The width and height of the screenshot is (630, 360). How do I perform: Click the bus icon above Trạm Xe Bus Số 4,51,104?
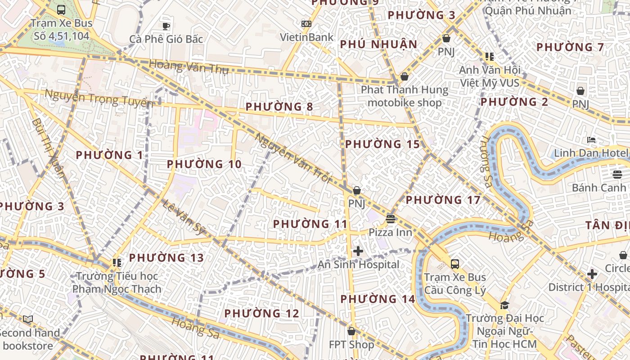[x=61, y=9]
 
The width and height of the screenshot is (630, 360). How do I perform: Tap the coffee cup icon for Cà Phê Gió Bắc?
[x=166, y=26]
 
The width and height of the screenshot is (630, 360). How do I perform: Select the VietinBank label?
[x=306, y=37]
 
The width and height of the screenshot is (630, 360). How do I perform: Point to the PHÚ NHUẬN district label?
[x=379, y=45]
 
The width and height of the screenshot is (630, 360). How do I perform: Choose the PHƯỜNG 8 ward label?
[x=279, y=107]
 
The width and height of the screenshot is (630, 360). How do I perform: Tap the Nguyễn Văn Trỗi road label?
[x=293, y=157]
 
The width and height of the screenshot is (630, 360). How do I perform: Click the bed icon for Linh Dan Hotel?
[x=591, y=140]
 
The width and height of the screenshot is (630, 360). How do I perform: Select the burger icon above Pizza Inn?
[x=391, y=219]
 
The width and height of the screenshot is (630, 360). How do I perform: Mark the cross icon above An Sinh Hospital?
[x=358, y=251]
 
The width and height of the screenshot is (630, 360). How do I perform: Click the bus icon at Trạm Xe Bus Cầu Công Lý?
[x=455, y=264]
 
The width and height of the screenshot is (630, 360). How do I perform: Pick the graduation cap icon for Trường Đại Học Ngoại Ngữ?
[x=504, y=305]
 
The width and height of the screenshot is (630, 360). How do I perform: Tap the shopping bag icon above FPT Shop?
[x=351, y=331]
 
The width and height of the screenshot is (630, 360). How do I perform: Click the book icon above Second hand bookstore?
[x=28, y=319]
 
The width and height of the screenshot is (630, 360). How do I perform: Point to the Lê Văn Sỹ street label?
[x=184, y=217]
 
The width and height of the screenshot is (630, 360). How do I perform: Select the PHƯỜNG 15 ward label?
[x=382, y=144]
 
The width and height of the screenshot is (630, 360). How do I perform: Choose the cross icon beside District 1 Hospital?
[x=592, y=274]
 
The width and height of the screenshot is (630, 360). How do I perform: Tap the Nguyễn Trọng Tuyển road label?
[x=99, y=98]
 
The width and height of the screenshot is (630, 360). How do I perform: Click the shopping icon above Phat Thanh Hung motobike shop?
[x=404, y=76]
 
